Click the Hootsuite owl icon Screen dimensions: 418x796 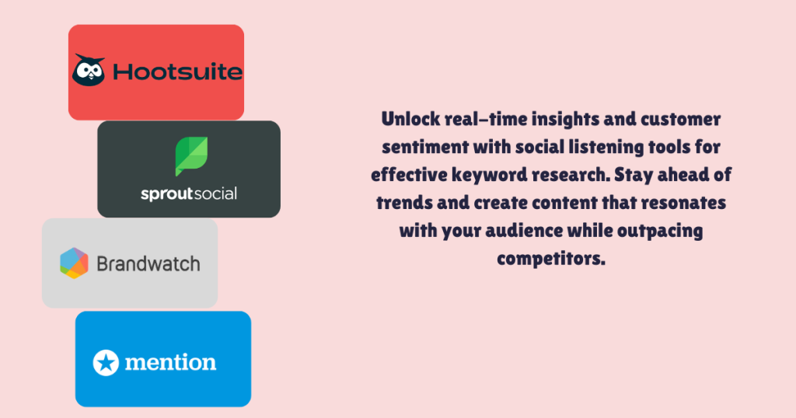89,70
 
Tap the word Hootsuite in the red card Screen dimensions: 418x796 177,72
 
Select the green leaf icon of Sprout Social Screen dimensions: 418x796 189,156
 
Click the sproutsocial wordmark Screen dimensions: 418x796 189,193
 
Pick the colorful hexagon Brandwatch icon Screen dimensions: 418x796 74,263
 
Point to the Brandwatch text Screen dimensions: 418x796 148,263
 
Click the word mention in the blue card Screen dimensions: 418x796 170,361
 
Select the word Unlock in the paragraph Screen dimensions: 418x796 407,120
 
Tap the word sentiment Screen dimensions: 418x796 414,148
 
